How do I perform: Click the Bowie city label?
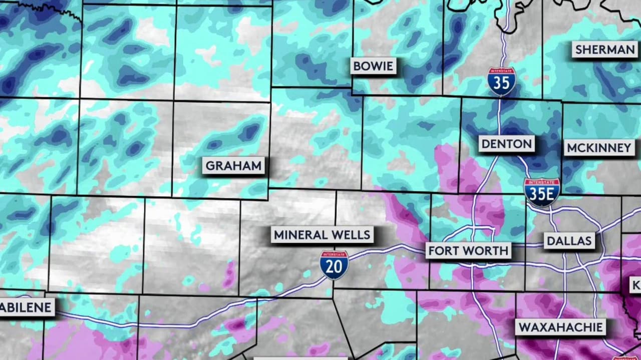point(373,66)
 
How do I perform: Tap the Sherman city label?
point(604,50)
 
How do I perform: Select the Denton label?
point(506,144)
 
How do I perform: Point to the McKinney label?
point(598,148)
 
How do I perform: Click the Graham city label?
point(234,166)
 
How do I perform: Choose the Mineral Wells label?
point(322,234)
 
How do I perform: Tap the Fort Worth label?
point(468,250)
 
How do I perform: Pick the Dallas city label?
point(569,241)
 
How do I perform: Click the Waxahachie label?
point(560,327)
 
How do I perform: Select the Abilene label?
point(26,307)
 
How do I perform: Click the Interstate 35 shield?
point(502,82)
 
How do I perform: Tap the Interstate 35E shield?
point(542,193)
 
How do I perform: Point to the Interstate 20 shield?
point(334,265)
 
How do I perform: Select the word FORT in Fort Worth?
point(441,250)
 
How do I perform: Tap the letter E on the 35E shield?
point(550,195)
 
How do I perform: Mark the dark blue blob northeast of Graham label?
point(249,132)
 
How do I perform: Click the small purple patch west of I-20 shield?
point(229,274)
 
